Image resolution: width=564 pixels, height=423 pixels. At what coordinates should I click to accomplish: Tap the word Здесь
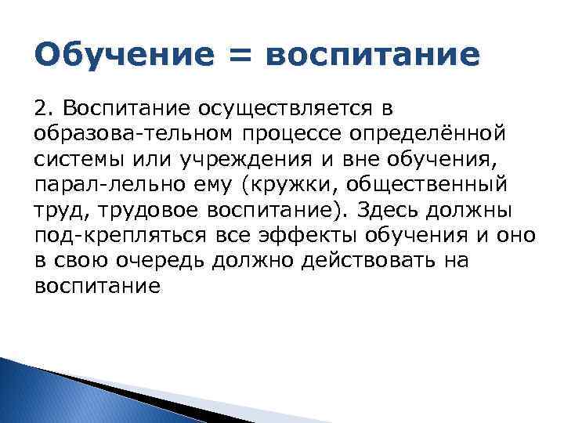click(378, 211)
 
